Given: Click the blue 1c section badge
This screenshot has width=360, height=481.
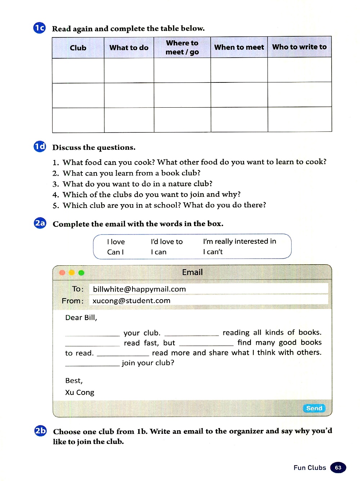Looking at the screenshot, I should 40,28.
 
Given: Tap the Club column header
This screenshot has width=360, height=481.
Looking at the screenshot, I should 78,48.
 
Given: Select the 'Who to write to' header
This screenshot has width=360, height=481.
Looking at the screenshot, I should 299,47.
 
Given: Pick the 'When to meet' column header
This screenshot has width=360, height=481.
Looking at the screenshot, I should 239,47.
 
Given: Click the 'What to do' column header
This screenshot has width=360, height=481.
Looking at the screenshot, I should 129,48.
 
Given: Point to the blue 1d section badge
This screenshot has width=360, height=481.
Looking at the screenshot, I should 40,147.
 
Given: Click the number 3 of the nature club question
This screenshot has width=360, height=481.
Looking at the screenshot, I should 55,184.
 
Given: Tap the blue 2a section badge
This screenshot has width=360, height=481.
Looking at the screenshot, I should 40,223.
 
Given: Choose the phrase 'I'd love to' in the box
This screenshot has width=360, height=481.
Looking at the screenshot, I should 167,242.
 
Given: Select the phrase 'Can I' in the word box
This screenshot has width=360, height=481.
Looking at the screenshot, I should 115,252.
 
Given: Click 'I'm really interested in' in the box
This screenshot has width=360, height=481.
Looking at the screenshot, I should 239,241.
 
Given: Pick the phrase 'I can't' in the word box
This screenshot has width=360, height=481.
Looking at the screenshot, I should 213,252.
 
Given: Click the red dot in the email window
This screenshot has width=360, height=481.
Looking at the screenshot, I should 62,273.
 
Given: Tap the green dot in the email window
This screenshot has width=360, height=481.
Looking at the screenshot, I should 81,273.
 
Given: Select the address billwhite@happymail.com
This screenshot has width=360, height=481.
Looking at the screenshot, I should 139,289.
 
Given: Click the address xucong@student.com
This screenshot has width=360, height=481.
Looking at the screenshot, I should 131,301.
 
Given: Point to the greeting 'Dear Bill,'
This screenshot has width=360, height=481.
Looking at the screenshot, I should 81,318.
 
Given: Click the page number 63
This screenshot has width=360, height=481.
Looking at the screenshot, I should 338,467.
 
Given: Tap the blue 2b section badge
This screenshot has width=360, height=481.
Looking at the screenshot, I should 40,431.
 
